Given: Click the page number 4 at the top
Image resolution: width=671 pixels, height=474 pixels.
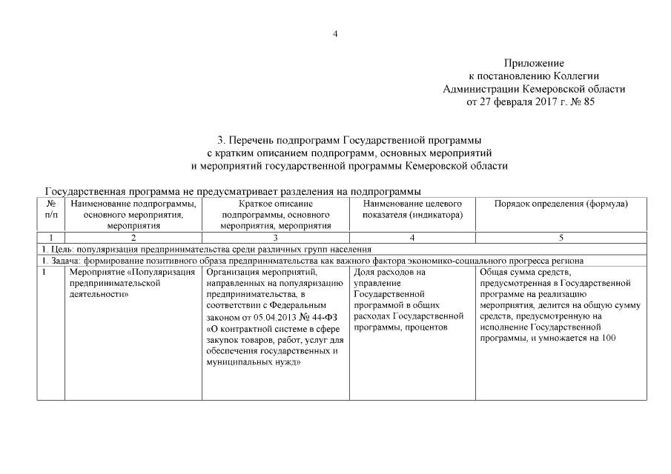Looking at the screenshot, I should click(335, 33).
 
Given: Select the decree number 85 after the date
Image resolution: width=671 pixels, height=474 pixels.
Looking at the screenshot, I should click(589, 102).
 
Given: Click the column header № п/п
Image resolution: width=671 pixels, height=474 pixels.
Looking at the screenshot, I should click(50, 209).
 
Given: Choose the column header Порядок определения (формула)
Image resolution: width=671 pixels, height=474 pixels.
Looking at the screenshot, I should click(561, 204).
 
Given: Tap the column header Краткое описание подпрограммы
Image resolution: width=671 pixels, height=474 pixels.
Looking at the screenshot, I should click(275, 214).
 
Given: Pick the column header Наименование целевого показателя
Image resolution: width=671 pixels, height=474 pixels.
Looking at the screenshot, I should click(412, 209).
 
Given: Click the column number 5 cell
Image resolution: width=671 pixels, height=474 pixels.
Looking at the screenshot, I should click(561, 238).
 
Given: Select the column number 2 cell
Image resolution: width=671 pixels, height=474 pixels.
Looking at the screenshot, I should click(133, 238).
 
